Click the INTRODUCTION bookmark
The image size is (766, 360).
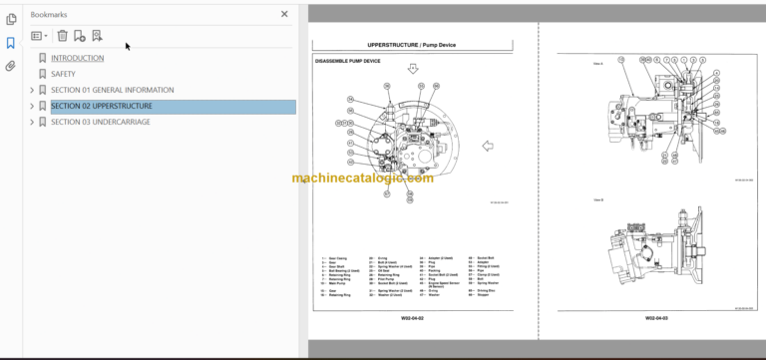[77, 58]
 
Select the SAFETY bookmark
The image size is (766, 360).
[63, 74]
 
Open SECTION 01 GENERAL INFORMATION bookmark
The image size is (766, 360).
[113, 90]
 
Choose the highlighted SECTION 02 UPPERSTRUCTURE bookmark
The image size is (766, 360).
[102, 106]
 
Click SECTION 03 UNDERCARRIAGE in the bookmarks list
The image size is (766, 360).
[101, 122]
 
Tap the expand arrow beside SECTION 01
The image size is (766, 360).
[32, 90]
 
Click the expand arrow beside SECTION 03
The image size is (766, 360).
[32, 122]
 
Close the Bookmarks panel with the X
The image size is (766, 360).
[284, 14]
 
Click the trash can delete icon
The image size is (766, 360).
[62, 36]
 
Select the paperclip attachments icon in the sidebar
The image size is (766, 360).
[11, 67]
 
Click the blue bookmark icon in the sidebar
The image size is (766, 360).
[11, 43]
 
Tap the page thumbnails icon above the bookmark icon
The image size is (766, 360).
[11, 19]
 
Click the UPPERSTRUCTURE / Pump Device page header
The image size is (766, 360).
[412, 46]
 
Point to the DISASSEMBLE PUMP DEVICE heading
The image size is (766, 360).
[347, 61]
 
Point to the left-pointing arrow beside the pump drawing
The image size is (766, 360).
[488, 146]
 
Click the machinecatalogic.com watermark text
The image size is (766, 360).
[363, 179]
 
